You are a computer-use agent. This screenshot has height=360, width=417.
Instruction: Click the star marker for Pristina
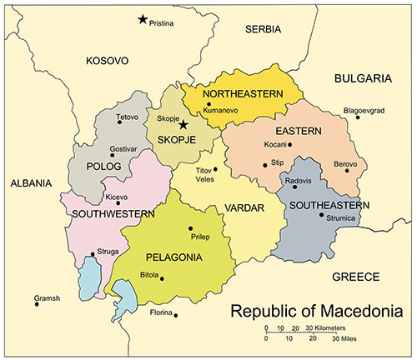(143, 19)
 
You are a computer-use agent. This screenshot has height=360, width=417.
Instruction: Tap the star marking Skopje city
(183, 125)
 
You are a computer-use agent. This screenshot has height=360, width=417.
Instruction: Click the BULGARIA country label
(363, 78)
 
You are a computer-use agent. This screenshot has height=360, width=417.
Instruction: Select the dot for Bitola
(162, 278)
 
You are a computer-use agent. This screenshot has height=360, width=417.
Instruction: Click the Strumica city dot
(321, 215)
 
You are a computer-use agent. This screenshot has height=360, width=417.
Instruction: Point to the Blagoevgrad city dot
(358, 117)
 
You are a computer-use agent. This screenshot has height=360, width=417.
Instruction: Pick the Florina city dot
(176, 314)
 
